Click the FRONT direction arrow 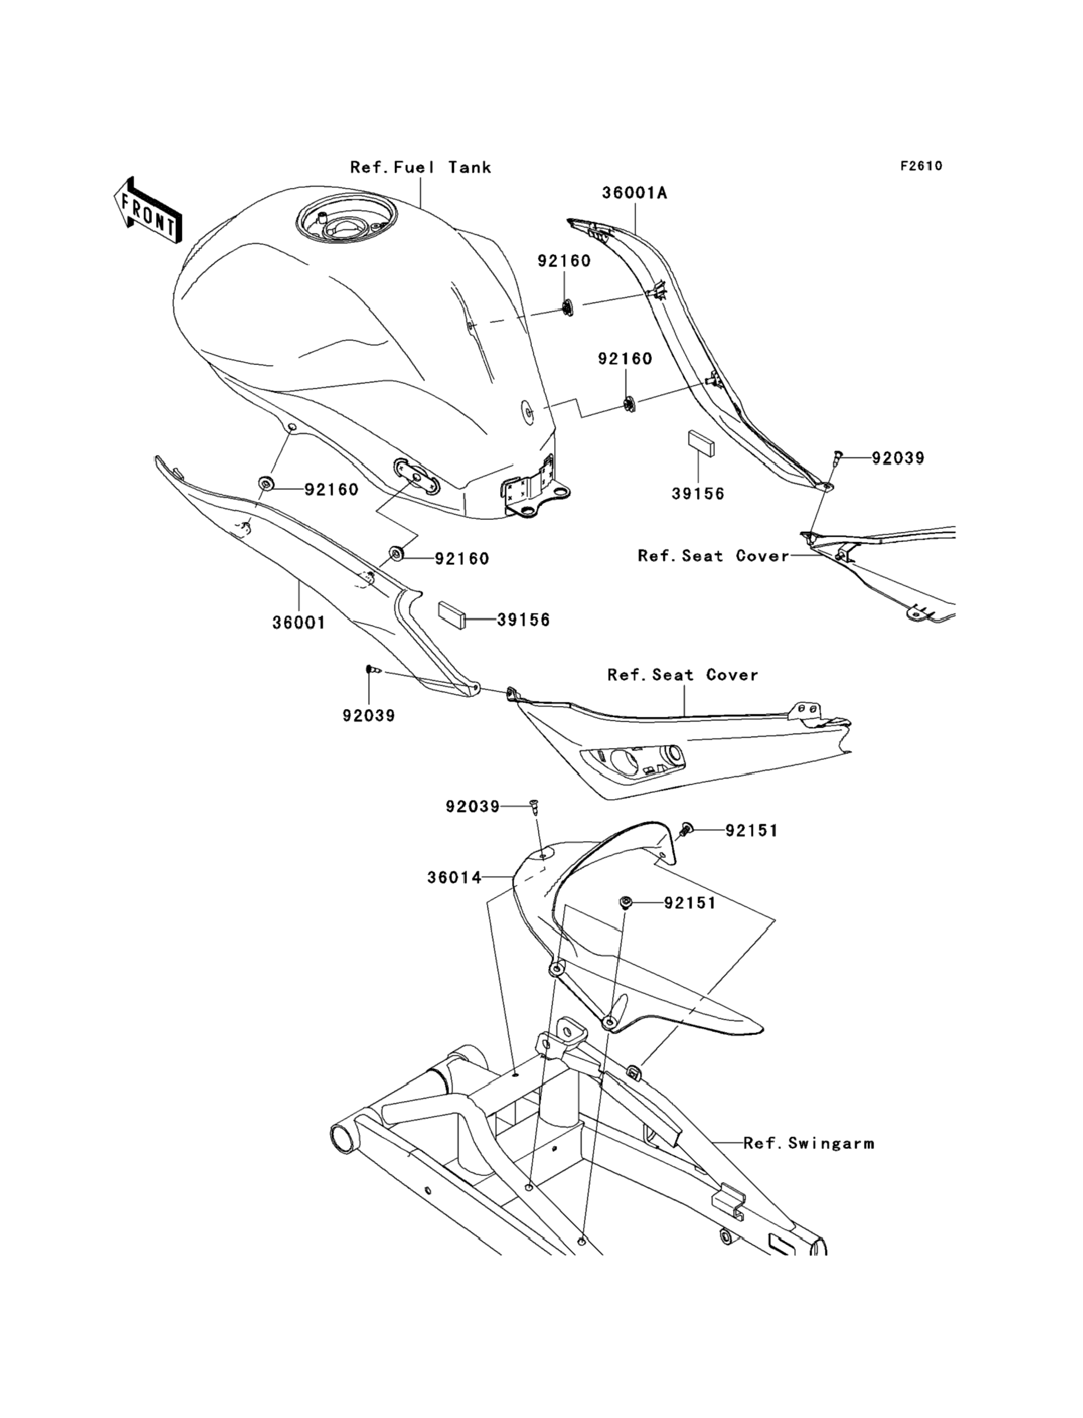pyautogui.click(x=148, y=210)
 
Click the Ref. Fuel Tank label pyautogui.click(x=420, y=167)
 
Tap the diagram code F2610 pyautogui.click(x=921, y=166)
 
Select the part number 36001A pyautogui.click(x=635, y=193)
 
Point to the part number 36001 pyautogui.click(x=298, y=623)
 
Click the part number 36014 pyautogui.click(x=454, y=878)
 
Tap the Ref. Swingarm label pyautogui.click(x=809, y=1144)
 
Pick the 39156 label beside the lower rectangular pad pyautogui.click(x=523, y=620)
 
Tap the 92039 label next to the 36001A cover pyautogui.click(x=898, y=458)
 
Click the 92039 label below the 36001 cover pyautogui.click(x=369, y=716)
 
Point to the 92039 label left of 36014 pyautogui.click(x=472, y=806)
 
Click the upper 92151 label pyautogui.click(x=752, y=831)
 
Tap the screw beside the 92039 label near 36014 pyautogui.click(x=534, y=806)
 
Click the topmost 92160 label pyautogui.click(x=564, y=261)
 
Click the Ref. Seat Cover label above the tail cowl pyautogui.click(x=683, y=675)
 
